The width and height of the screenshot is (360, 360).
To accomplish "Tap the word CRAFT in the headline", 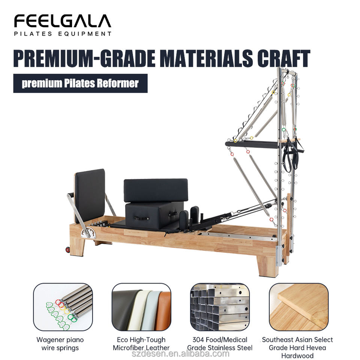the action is (283, 58).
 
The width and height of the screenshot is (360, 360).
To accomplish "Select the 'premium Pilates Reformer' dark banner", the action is (80, 83).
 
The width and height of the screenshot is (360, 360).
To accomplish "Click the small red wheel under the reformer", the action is (68, 250).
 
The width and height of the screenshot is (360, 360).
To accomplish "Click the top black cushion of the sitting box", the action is (156, 190).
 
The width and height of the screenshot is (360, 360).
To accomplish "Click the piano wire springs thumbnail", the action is (63, 307).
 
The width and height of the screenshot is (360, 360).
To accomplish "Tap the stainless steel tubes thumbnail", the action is (220, 307).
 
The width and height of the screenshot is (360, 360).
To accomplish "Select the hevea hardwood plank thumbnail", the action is (299, 307).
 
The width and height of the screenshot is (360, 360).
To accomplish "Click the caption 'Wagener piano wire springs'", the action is (60, 344).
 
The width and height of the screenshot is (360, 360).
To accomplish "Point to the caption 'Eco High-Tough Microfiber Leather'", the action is (141, 344).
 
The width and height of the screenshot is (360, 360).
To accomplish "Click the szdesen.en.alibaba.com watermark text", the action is (180, 354).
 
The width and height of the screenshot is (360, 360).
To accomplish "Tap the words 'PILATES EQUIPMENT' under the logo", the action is (63, 34).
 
